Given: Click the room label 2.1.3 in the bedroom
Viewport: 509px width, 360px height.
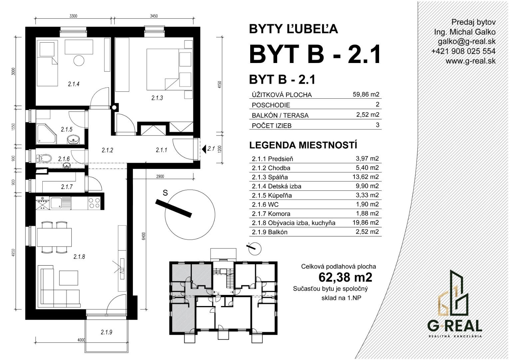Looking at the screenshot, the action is [157, 98].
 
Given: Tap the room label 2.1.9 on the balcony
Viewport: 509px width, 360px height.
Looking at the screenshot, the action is [106, 332].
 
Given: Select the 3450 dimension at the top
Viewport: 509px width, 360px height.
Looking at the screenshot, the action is [154, 16].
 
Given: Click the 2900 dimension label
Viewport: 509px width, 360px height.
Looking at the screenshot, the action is [160, 176].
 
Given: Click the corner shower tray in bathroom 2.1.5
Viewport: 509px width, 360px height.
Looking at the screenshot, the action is [46, 134].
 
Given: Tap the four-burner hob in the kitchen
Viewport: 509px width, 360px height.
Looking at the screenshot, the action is [94, 203].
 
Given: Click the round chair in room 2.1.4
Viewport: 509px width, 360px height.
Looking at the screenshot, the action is [79, 61].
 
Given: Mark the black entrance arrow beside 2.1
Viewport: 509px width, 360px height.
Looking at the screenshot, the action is [204, 149].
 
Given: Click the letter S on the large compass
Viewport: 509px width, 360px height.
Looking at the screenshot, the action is [165, 193].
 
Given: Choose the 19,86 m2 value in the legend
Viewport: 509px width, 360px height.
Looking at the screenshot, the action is [366, 222].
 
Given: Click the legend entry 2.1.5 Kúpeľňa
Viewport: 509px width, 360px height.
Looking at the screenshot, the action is [272, 195].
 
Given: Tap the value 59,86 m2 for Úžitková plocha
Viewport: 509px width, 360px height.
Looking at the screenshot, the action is [366, 94].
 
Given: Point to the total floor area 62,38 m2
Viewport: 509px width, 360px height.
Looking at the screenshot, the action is [345, 277].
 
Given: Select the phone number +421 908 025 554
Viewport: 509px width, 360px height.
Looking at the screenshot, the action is [463, 51].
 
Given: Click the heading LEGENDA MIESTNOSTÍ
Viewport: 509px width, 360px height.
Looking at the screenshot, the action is [303, 145].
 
